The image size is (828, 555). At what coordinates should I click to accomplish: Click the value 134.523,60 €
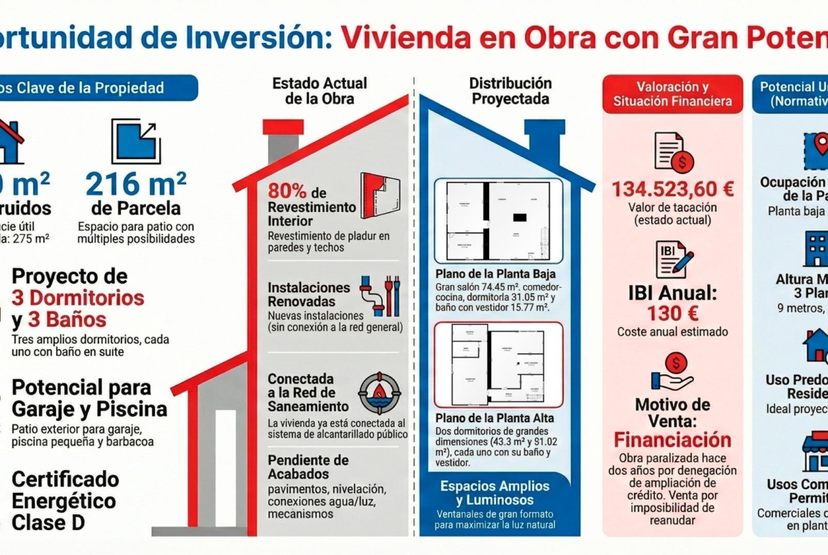click(x=672, y=189)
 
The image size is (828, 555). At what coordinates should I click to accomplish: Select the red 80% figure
click(x=287, y=192)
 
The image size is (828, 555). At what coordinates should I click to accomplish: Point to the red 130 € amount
click(x=672, y=313)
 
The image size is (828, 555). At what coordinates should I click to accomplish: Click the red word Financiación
click(x=672, y=440)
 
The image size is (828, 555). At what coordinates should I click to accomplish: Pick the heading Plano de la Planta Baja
click(x=495, y=274)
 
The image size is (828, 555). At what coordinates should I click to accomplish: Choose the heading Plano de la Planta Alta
click(x=495, y=418)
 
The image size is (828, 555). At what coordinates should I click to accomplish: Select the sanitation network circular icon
click(x=380, y=392)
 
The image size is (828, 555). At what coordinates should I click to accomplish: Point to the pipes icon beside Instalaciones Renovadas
click(x=380, y=296)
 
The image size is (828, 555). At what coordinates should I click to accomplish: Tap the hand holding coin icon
click(x=672, y=373)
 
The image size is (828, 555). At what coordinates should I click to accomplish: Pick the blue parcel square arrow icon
click(x=136, y=141)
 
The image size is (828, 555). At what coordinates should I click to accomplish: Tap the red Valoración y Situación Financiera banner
click(x=672, y=94)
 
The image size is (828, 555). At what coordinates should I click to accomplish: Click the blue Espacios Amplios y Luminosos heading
click(x=495, y=493)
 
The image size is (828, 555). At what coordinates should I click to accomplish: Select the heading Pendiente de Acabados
click(x=308, y=467)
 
